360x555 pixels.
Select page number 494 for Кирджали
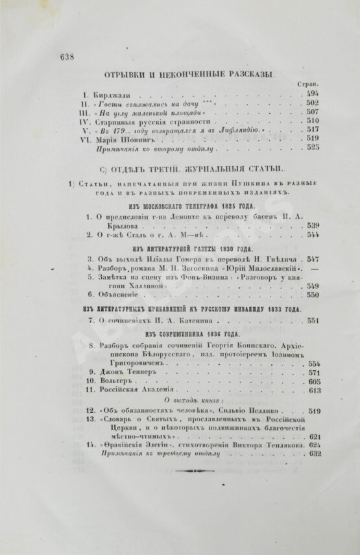tap(311, 94)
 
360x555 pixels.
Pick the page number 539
tap(311, 219)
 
